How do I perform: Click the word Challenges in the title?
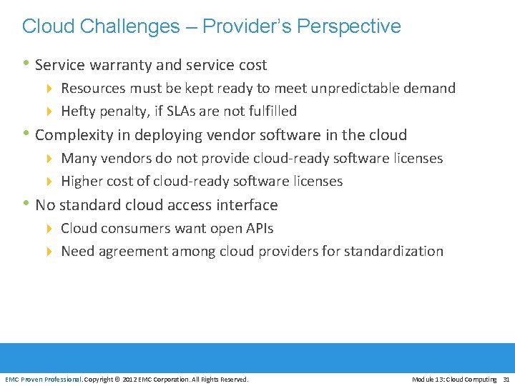130,26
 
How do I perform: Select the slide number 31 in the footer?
506,379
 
